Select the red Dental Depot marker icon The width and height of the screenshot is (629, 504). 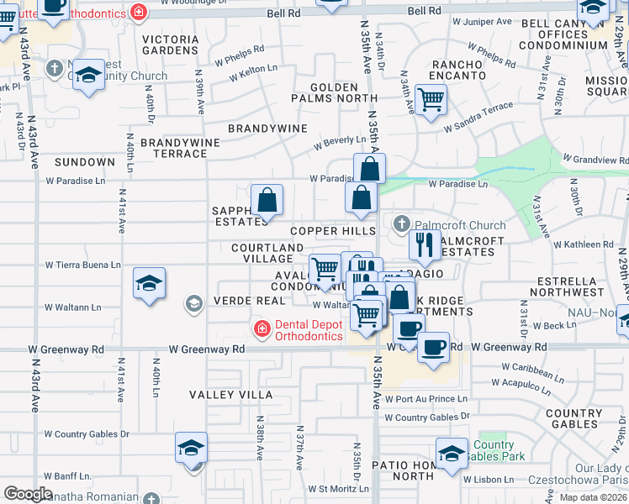click(x=262, y=328)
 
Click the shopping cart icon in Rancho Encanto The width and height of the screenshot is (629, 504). click(x=431, y=100)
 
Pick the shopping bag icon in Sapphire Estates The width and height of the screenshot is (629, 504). click(x=267, y=201)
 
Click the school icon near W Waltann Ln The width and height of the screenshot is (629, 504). click(x=149, y=283)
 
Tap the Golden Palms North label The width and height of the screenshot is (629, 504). click(x=334, y=92)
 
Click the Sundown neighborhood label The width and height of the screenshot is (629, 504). click(x=84, y=161)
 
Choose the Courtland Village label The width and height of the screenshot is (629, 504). click(x=267, y=253)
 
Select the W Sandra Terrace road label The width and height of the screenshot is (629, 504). click(x=478, y=112)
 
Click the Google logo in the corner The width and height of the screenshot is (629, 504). click(x=29, y=494)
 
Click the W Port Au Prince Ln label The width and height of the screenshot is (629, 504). click(x=426, y=399)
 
